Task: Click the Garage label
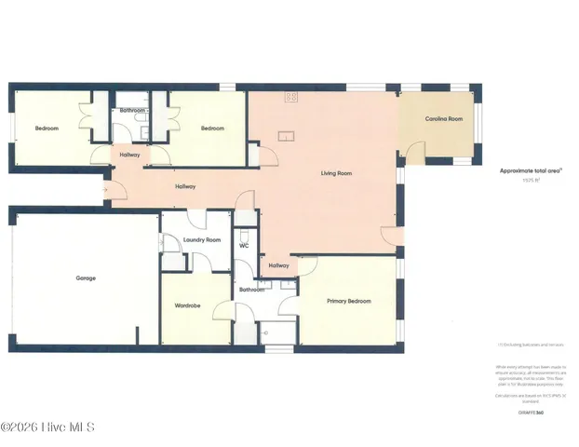point(86,278)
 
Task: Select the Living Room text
point(336,173)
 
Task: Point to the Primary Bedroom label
point(348,301)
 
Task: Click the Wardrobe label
point(189,305)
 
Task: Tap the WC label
point(243,246)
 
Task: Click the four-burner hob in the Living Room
point(291,97)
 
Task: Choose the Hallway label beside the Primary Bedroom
point(278,266)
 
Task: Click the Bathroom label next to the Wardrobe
point(251,290)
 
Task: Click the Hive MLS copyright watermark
point(47,428)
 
